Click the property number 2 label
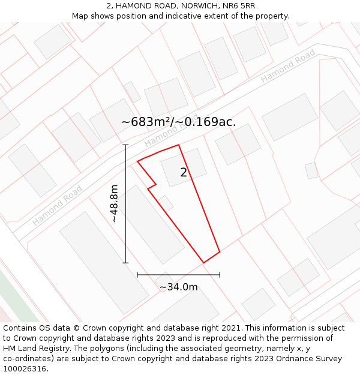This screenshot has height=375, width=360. (184, 173)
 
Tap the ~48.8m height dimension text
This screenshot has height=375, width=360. (115, 204)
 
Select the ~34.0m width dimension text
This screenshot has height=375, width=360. (178, 287)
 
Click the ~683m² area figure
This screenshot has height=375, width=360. (147, 122)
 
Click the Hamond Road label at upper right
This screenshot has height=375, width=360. (288, 66)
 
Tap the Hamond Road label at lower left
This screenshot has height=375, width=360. (58, 205)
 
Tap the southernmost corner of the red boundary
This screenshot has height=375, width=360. (203, 263)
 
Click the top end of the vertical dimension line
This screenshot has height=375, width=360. (125, 145)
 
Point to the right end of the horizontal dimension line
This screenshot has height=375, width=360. (220, 275)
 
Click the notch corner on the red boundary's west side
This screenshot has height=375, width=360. (156, 184)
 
